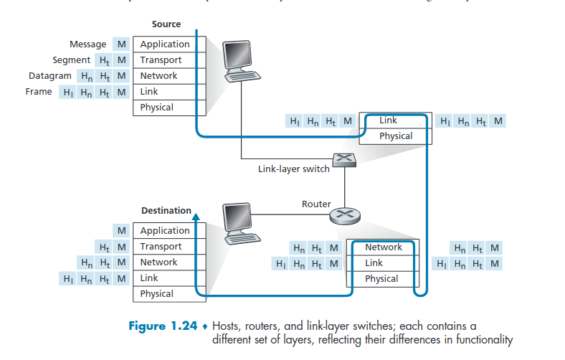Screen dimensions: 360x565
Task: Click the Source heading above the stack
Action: (166, 24)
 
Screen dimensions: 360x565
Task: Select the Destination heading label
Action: (166, 211)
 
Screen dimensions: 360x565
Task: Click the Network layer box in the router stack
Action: (383, 247)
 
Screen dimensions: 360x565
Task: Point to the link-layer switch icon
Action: (343, 161)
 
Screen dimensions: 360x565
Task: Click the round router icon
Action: (346, 214)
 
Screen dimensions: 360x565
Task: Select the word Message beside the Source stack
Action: (87, 44)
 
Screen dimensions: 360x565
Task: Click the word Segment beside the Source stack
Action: (71, 60)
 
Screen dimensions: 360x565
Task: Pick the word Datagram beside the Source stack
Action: (50, 76)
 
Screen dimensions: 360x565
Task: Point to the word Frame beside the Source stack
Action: (39, 92)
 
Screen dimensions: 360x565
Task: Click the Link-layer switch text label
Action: (294, 169)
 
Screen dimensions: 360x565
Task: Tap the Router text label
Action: (316, 204)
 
